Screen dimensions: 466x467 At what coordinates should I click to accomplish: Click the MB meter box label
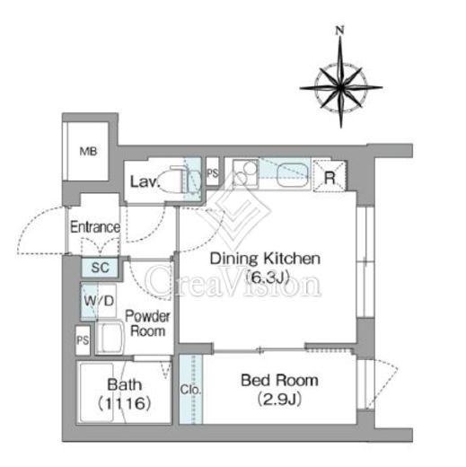pyautogui.click(x=88, y=152)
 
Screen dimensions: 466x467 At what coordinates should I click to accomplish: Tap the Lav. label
pyautogui.click(x=144, y=181)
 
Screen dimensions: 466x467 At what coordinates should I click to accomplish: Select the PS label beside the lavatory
pyautogui.click(x=213, y=173)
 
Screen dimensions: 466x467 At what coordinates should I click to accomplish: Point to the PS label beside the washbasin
pyautogui.click(x=83, y=340)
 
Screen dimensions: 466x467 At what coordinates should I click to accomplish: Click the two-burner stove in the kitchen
pyautogui.click(x=245, y=174)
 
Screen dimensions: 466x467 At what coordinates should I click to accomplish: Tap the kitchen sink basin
pyautogui.click(x=293, y=175)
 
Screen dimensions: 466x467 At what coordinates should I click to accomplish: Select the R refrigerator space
pyautogui.click(x=330, y=176)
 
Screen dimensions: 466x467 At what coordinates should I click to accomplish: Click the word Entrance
pyautogui.click(x=95, y=227)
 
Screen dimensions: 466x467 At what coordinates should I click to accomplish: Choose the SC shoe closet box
pyautogui.click(x=101, y=268)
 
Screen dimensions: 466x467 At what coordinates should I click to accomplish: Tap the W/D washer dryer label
pyautogui.click(x=99, y=301)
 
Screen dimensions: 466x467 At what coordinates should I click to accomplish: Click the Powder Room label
pyautogui.click(x=147, y=323)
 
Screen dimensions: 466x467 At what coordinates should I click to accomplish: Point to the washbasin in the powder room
pyautogui.click(x=110, y=338)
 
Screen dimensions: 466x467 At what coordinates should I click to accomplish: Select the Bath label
pyautogui.click(x=125, y=384)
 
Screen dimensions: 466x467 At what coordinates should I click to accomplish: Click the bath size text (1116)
pyautogui.click(x=125, y=403)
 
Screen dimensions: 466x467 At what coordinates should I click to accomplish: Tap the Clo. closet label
pyautogui.click(x=190, y=390)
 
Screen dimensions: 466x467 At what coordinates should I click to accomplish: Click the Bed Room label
pyautogui.click(x=279, y=380)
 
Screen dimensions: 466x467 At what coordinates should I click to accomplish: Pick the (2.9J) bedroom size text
pyautogui.click(x=279, y=399)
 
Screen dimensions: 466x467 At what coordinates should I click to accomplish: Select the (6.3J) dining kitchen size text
pyautogui.click(x=267, y=277)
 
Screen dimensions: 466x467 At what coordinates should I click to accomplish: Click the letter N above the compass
pyautogui.click(x=339, y=31)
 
